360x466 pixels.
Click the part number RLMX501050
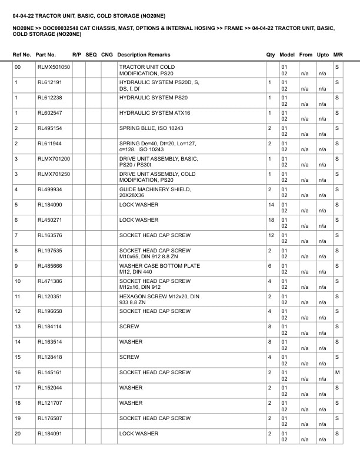[x=54, y=67]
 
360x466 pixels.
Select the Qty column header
[x=271, y=55]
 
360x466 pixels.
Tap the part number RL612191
[x=49, y=82]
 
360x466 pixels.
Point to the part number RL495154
[x=49, y=128]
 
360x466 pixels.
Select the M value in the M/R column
[x=337, y=373]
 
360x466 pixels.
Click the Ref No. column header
[x=22, y=55]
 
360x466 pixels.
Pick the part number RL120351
[x=49, y=297]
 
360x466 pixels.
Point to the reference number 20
[x=18, y=434]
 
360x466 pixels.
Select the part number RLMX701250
[x=54, y=174]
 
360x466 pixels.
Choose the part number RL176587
[x=49, y=419]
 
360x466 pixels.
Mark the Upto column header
[x=323, y=55]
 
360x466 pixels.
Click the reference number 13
[x=18, y=327]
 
